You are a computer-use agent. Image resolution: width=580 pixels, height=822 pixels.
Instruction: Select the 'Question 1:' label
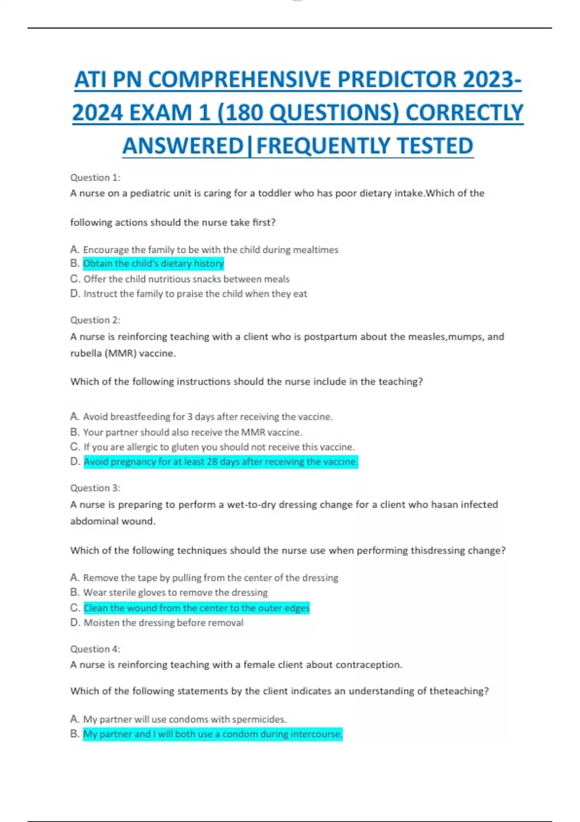(x=95, y=177)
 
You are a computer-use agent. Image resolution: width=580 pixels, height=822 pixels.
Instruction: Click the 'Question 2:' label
(x=95, y=320)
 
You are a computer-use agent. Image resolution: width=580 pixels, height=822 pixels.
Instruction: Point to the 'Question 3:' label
(x=95, y=488)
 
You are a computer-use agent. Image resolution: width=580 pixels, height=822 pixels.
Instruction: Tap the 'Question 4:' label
(x=95, y=649)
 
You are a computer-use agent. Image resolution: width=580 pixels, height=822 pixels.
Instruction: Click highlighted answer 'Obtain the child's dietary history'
(x=153, y=264)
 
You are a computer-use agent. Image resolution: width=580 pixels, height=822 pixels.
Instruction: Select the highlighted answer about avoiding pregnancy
(x=221, y=462)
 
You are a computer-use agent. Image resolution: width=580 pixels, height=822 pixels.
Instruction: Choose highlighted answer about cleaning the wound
(x=196, y=608)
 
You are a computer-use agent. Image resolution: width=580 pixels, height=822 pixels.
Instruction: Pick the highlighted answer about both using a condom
(x=213, y=734)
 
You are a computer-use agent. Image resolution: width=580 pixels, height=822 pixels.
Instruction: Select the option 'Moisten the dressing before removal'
(x=163, y=623)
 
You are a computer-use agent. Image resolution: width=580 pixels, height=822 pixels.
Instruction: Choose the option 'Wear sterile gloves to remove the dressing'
(x=175, y=592)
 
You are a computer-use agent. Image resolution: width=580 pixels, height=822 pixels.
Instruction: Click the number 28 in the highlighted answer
(x=212, y=462)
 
